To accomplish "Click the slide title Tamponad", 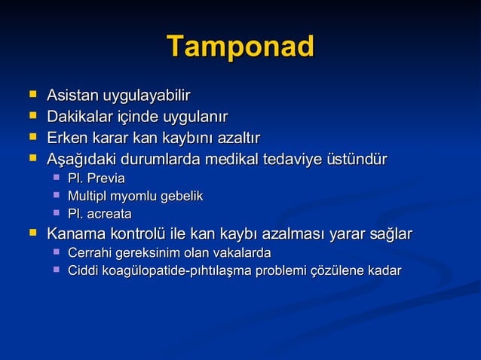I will (x=240, y=47).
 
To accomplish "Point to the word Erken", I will (x=66, y=139).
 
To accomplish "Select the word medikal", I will (x=269, y=160).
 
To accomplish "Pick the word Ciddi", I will (x=84, y=270).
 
